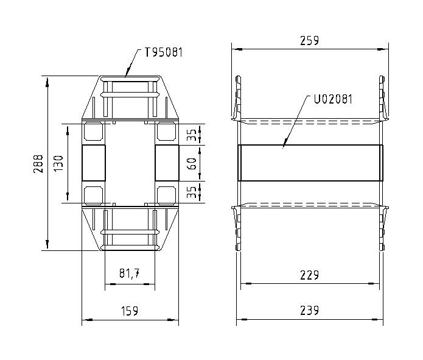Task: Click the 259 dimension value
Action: click(309, 41)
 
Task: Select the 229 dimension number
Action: click(309, 275)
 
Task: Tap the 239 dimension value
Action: click(309, 311)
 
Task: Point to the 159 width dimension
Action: click(128, 311)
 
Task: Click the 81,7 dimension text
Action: click(129, 275)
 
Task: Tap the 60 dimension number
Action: click(192, 163)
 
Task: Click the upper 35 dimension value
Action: click(192, 135)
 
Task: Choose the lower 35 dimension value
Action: click(192, 192)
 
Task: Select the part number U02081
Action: click(332, 97)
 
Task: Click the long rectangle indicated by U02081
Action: click(310, 163)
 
